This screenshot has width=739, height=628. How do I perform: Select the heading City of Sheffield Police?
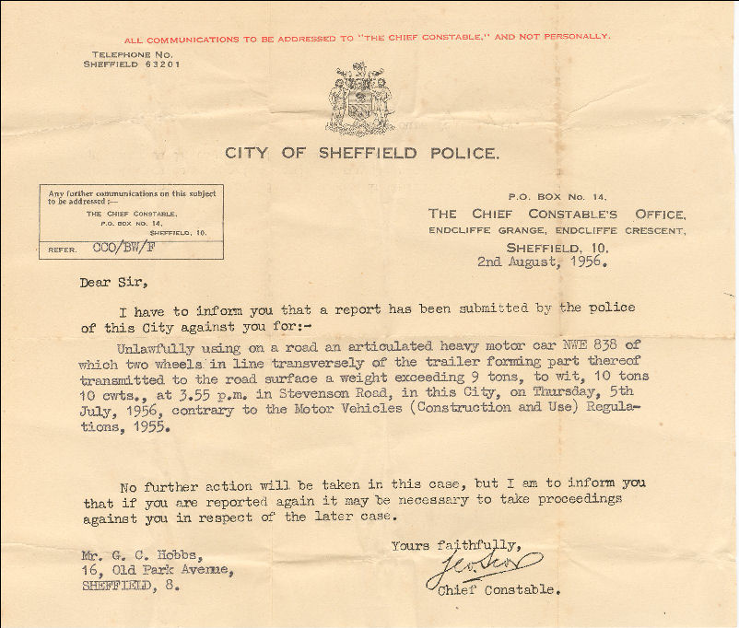click(362, 153)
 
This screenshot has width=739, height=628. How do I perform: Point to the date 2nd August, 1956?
click(539, 262)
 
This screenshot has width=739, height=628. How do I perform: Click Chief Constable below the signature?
click(499, 589)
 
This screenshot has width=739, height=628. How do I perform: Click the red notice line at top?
click(366, 38)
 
